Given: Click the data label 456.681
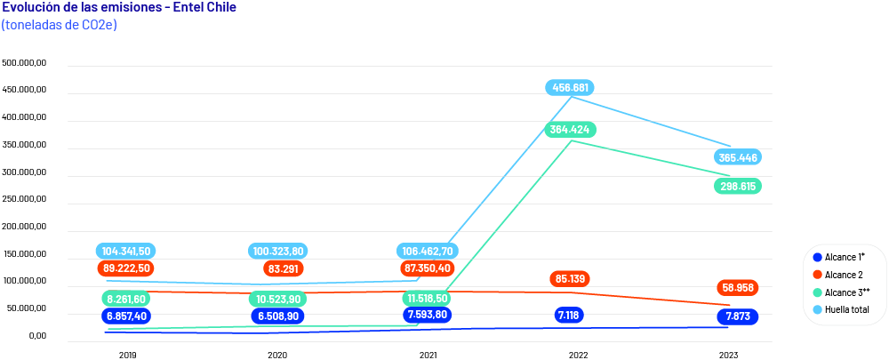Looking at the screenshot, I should click(570, 88).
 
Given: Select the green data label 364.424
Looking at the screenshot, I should click(570, 129).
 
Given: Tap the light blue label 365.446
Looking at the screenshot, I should click(737, 157).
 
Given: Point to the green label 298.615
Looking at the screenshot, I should click(737, 187).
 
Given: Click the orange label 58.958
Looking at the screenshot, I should click(737, 288).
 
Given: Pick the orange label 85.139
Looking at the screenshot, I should click(570, 279).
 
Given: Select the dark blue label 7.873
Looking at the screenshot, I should click(737, 316).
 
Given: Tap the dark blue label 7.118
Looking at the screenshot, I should click(570, 315).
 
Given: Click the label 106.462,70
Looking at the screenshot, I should click(429, 252).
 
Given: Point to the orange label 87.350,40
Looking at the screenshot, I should click(429, 268).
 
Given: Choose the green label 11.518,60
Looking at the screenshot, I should click(429, 299).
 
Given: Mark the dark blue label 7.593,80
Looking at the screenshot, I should click(429, 315).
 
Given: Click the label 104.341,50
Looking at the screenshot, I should click(126, 252).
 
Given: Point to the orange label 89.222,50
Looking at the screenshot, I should click(126, 268).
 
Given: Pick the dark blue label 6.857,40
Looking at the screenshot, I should click(126, 316).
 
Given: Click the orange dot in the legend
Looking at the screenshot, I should click(817, 274).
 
